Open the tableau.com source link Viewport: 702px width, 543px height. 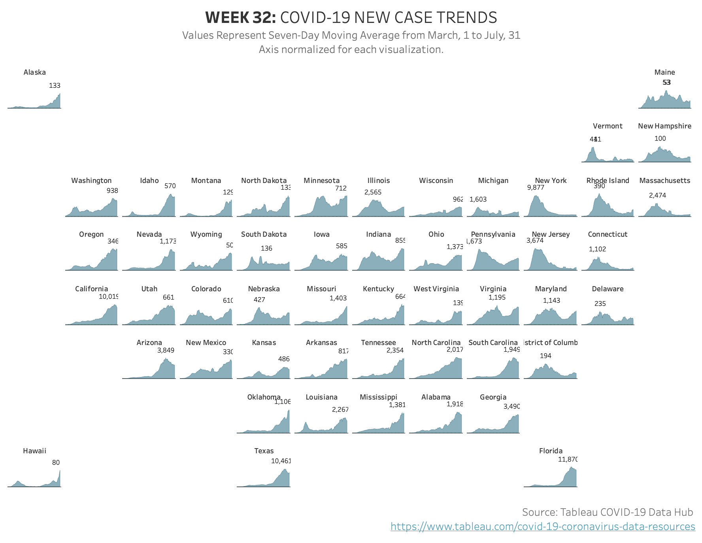tap(542, 526)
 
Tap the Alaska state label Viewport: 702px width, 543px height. tap(35, 72)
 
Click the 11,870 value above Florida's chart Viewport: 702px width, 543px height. tap(568, 459)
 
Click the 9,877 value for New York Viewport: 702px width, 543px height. tap(536, 187)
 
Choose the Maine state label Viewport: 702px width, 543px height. tap(664, 72)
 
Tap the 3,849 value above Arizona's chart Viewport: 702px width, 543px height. tap(166, 350)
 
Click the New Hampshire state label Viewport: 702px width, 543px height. tap(664, 126)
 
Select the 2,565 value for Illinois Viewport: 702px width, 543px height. tap(373, 192)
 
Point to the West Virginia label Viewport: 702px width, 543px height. tap(436, 289)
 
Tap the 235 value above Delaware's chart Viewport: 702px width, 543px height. tap(600, 304)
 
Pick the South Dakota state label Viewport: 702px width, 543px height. tap(264, 234)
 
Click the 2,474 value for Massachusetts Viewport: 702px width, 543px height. tap(657, 195)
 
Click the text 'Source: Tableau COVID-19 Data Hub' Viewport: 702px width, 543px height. tap(607, 512)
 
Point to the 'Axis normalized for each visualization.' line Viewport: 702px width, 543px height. tap(351, 49)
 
